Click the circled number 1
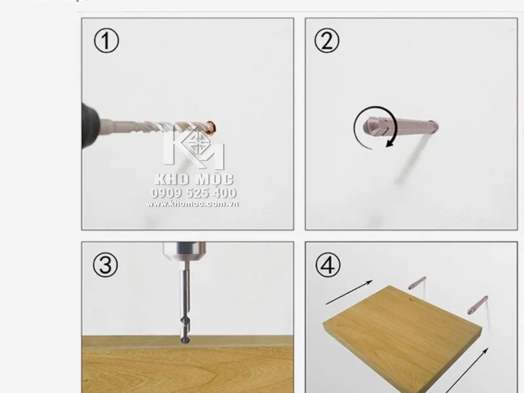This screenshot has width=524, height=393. [106, 41]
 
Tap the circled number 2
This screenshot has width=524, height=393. [327, 41]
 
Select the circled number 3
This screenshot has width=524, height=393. [105, 265]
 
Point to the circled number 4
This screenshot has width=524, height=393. [328, 265]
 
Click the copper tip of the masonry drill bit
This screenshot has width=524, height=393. [211, 127]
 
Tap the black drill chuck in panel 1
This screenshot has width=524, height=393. [90, 125]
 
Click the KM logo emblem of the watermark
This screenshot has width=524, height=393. [194, 147]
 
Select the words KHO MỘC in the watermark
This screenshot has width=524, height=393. [194, 179]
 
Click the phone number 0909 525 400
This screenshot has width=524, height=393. [194, 193]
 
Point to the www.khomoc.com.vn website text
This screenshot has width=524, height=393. [193, 204]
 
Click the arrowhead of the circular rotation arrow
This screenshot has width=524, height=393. [390, 143]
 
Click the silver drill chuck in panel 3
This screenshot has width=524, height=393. [185, 252]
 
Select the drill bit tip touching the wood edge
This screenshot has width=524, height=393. [185, 339]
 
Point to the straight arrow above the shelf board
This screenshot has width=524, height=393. [349, 292]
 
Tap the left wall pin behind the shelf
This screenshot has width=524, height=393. [417, 283]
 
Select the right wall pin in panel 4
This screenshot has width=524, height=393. [477, 305]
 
